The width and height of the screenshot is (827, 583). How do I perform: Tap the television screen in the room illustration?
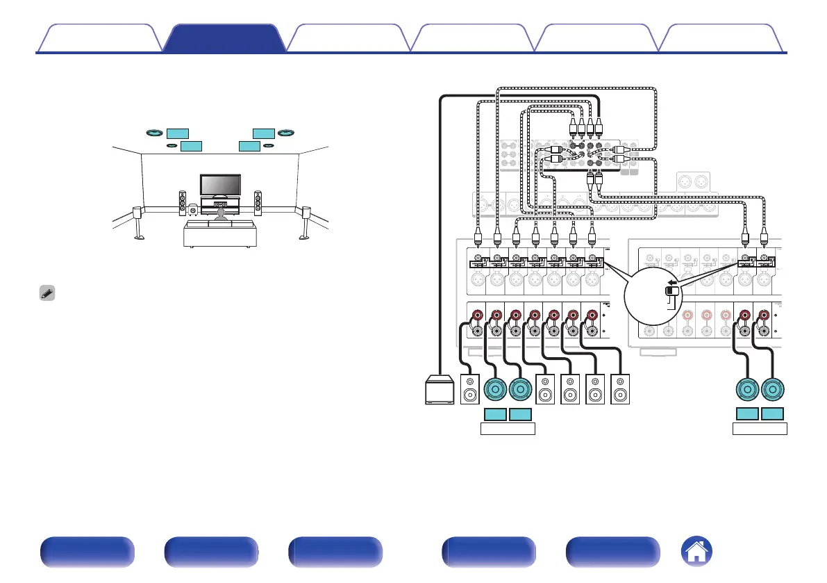(x=220, y=184)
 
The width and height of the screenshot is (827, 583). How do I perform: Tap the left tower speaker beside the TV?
(x=183, y=202)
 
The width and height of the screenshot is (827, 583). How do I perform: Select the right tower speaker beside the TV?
(x=258, y=202)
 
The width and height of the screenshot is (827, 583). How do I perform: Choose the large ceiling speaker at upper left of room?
(x=154, y=132)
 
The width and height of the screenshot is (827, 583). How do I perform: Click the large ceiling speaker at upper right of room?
(x=286, y=132)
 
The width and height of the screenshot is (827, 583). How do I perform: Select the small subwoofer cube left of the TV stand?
(x=192, y=207)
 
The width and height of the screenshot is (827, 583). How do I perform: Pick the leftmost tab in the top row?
(x=99, y=38)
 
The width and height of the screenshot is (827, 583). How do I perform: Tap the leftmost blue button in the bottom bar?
(x=86, y=552)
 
